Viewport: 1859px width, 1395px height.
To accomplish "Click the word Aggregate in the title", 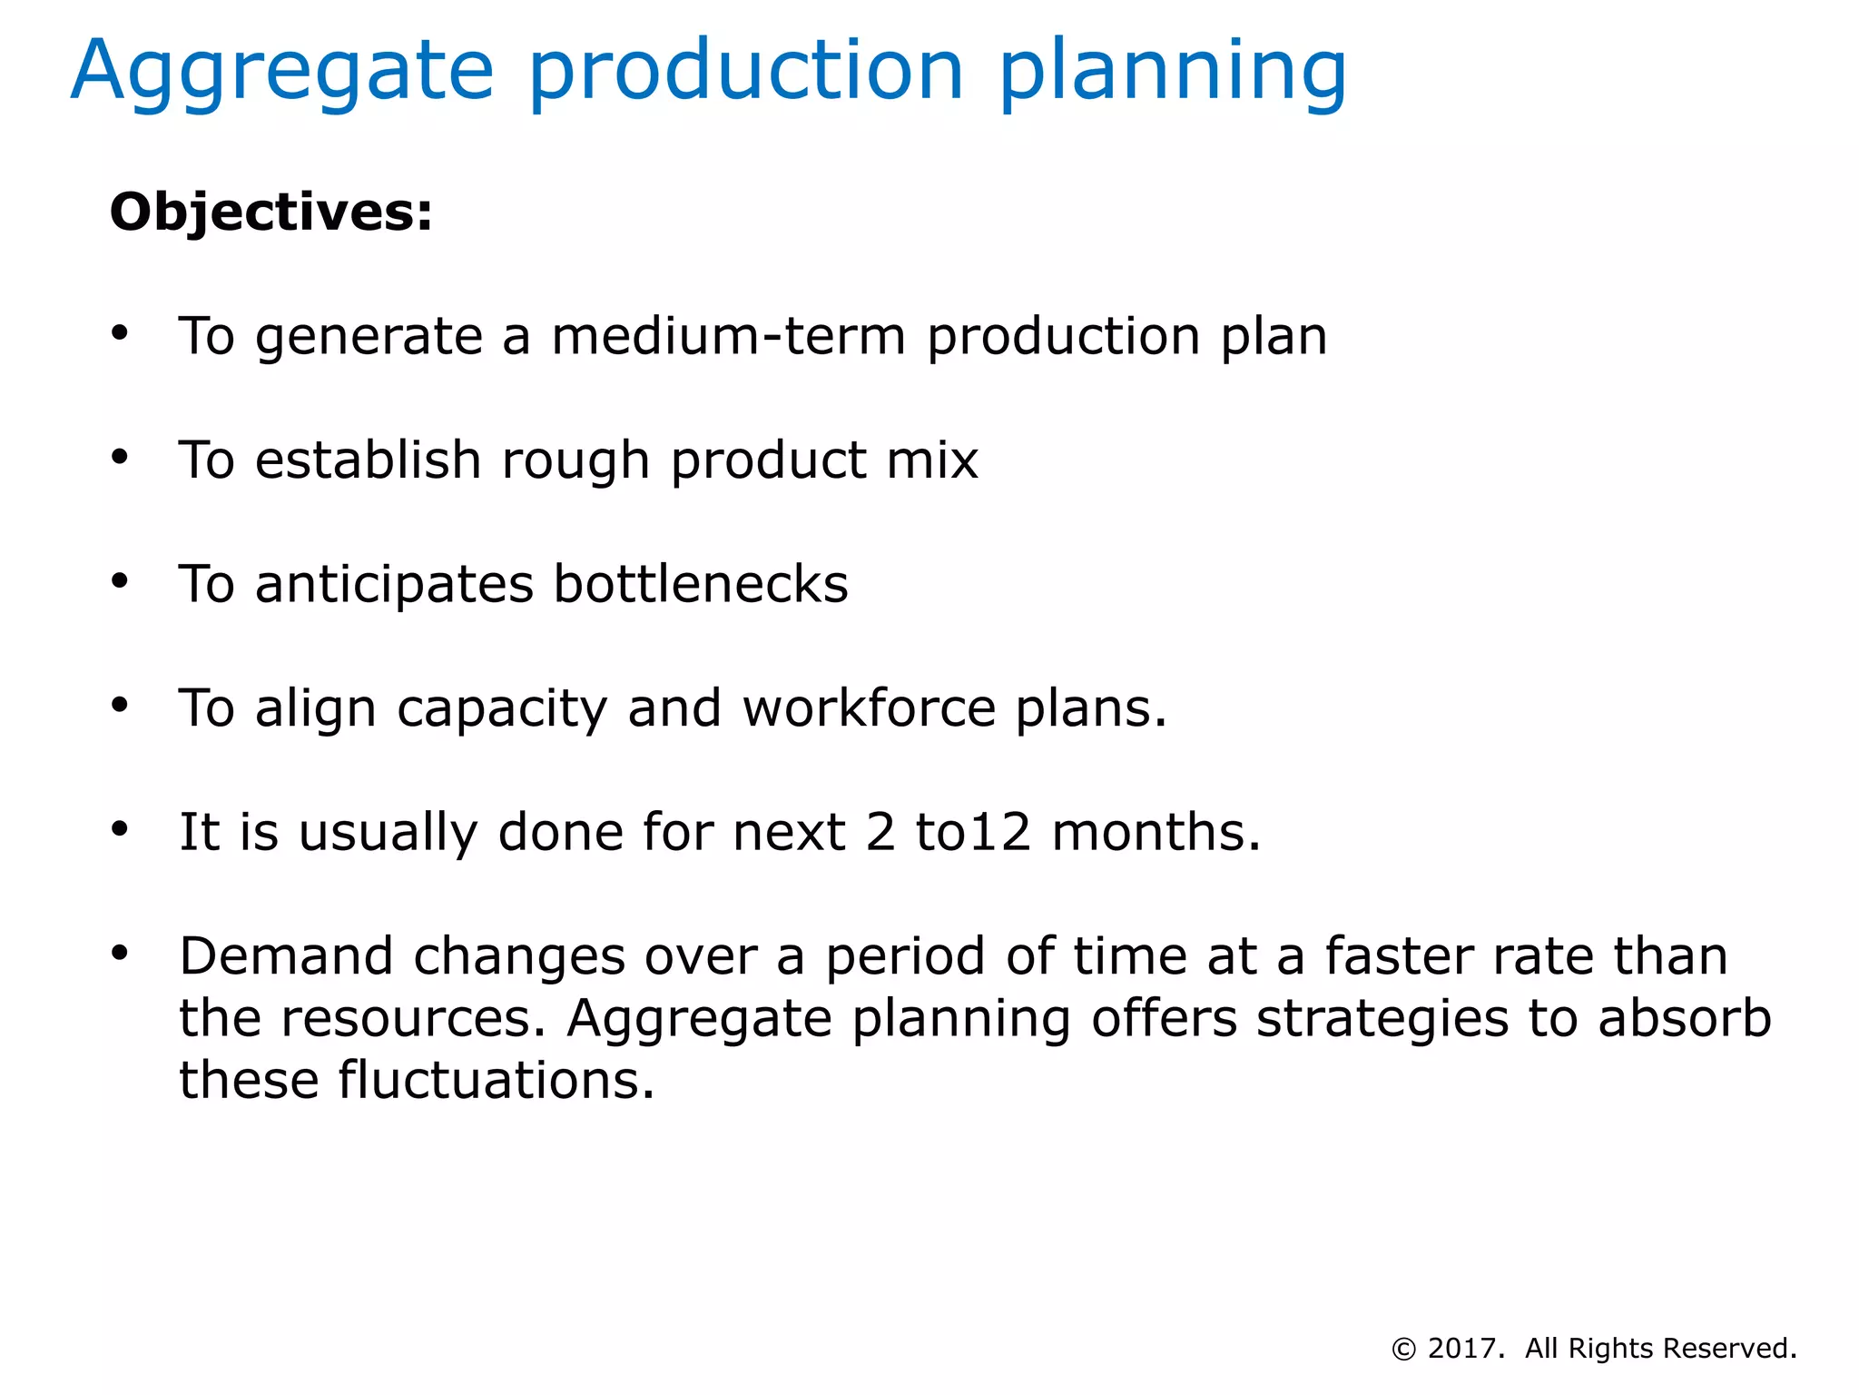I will (282, 73).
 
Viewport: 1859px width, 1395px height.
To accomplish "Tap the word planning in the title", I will (1172, 73).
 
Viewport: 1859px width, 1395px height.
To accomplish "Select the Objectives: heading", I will (270, 213).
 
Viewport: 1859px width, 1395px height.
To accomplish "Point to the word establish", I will (368, 460).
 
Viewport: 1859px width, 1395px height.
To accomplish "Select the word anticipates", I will (394, 584).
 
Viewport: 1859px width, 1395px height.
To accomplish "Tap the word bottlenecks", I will (701, 584).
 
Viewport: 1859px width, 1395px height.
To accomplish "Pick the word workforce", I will (869, 708).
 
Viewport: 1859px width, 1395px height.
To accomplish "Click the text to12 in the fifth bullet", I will (973, 832).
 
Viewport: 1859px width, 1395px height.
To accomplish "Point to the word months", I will (1156, 832).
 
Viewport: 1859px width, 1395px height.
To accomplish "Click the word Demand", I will (286, 956).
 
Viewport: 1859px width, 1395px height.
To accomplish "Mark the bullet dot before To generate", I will (120, 333).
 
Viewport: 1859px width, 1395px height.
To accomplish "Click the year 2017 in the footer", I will (1462, 1349).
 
